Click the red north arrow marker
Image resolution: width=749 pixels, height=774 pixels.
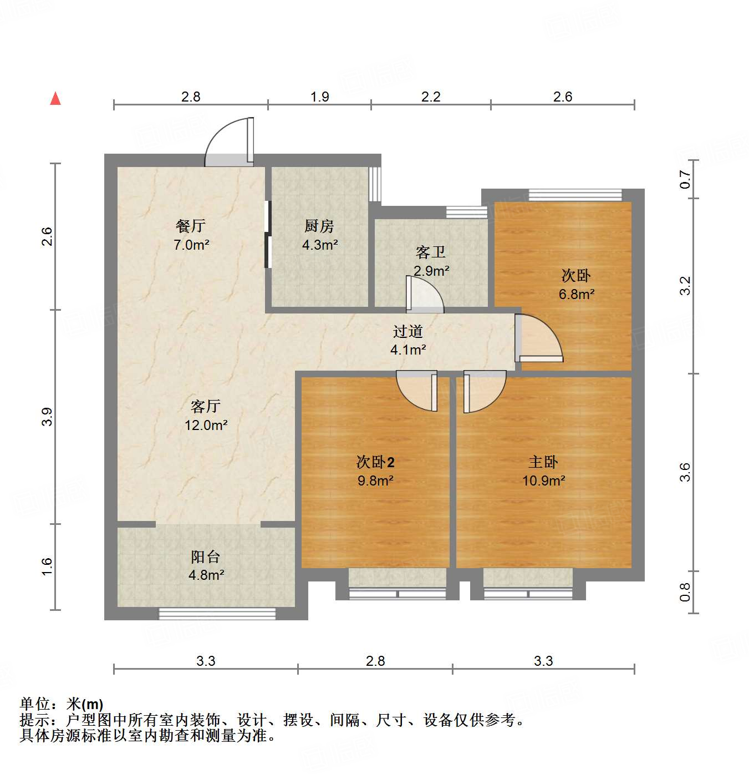click(x=55, y=98)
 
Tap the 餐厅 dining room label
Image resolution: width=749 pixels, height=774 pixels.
click(x=191, y=226)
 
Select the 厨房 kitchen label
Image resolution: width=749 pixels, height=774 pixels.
click(x=319, y=226)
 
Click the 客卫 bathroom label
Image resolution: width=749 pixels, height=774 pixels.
click(x=431, y=252)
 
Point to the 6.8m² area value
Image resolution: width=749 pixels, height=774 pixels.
click(x=577, y=294)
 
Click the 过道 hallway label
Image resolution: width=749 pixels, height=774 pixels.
click(x=408, y=331)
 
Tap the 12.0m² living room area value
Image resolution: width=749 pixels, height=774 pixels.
click(x=206, y=425)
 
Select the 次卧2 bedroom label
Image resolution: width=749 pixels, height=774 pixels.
click(x=375, y=462)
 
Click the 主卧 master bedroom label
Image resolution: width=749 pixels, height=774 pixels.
click(x=543, y=462)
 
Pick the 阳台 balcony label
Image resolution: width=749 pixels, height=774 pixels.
click(x=206, y=557)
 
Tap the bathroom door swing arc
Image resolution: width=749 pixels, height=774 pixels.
click(x=426, y=294)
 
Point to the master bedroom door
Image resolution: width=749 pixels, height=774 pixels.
click(x=484, y=390)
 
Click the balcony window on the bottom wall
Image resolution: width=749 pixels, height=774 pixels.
click(x=217, y=614)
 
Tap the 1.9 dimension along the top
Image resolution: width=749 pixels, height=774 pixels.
click(x=320, y=97)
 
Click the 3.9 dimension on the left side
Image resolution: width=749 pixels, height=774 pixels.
click(x=47, y=417)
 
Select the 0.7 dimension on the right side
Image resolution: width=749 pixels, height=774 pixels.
click(x=686, y=179)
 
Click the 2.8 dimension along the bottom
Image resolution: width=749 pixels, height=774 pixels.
click(x=375, y=661)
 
